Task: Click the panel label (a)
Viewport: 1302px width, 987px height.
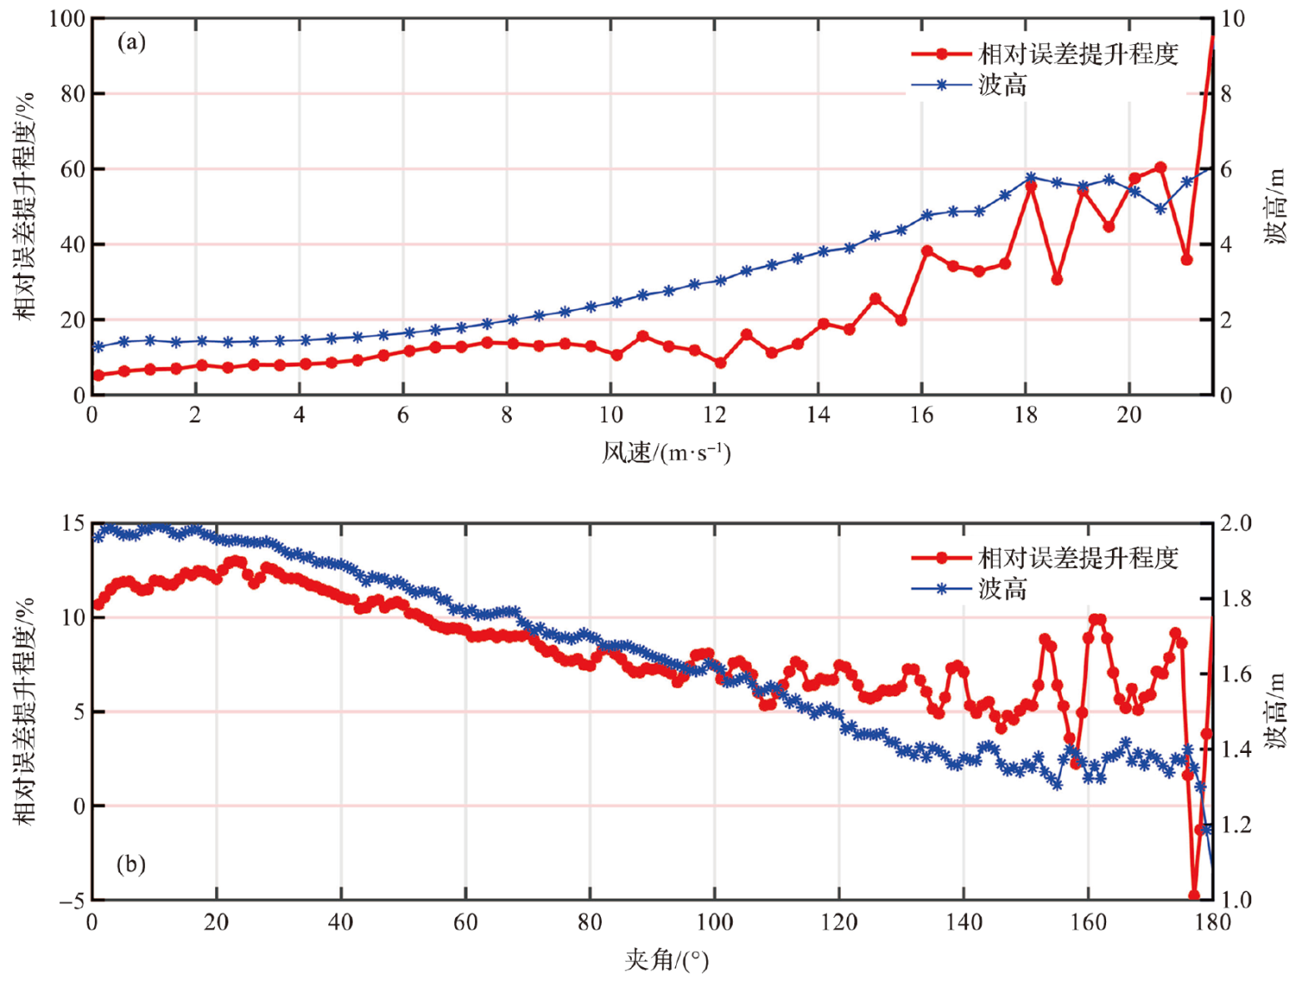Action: (131, 42)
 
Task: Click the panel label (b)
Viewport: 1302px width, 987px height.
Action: (131, 864)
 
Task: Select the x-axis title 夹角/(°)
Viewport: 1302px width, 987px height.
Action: (666, 960)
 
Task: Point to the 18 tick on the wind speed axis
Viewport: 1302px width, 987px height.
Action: (1025, 415)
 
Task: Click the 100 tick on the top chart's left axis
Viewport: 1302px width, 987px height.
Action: (67, 18)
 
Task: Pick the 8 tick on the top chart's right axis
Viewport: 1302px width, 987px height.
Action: (1226, 94)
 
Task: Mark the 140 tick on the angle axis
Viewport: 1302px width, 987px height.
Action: (964, 922)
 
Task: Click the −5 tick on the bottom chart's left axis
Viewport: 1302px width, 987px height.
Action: (72, 900)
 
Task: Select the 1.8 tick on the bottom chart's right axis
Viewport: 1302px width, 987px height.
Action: (1234, 599)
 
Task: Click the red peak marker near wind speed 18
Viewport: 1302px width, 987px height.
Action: (1031, 187)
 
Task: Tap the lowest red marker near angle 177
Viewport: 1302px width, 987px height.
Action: (1194, 895)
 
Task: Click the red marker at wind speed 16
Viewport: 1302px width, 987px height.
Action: (927, 251)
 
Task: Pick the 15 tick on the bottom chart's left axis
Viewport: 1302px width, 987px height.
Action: (73, 523)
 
